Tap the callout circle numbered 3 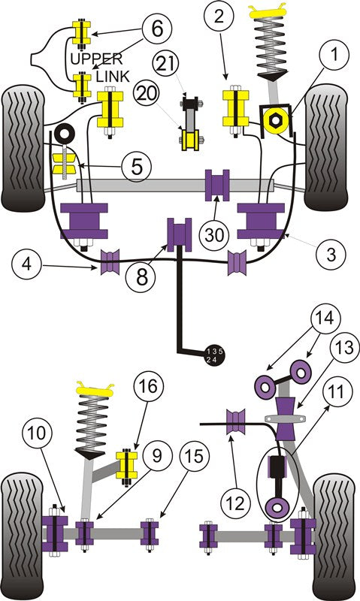click(329, 254)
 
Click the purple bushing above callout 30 click(218, 186)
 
